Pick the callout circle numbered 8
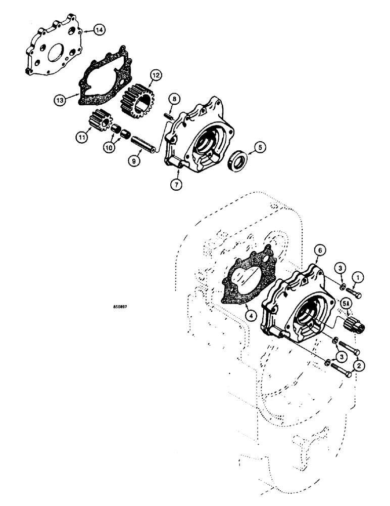173,98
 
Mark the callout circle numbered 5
260,148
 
